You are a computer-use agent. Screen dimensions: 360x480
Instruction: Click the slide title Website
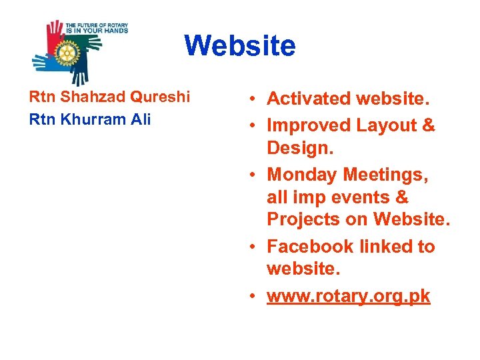[x=239, y=46]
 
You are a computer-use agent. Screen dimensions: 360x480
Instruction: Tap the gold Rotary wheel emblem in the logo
[x=67, y=51]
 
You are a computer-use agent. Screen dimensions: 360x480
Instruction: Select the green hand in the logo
[x=90, y=45]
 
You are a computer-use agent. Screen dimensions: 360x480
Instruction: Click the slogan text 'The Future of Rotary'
[x=96, y=25]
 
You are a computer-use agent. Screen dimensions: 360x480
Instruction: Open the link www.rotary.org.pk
[x=349, y=296]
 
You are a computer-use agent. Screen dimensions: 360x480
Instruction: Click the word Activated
[x=309, y=99]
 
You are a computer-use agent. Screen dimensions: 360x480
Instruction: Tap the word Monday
[x=302, y=175]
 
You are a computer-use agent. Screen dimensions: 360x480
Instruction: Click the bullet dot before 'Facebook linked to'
[x=256, y=247]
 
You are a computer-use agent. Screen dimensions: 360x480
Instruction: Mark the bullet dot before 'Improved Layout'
[x=256, y=125]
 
